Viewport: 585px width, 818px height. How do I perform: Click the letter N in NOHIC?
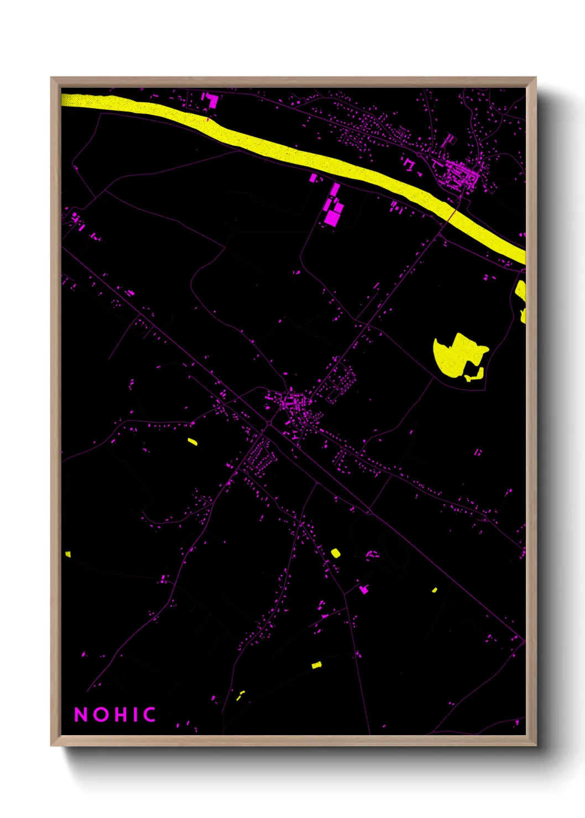81,715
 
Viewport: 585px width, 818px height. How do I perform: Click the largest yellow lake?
456,354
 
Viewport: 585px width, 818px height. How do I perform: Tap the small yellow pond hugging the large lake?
476,375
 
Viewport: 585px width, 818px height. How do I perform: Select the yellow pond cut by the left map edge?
68,554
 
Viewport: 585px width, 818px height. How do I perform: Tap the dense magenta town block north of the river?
459,174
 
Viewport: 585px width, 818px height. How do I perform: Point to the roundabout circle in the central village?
269,423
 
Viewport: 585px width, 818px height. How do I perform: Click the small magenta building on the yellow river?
208,118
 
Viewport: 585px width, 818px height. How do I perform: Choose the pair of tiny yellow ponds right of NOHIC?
241,695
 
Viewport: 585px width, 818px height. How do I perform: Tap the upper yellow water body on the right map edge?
520,290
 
